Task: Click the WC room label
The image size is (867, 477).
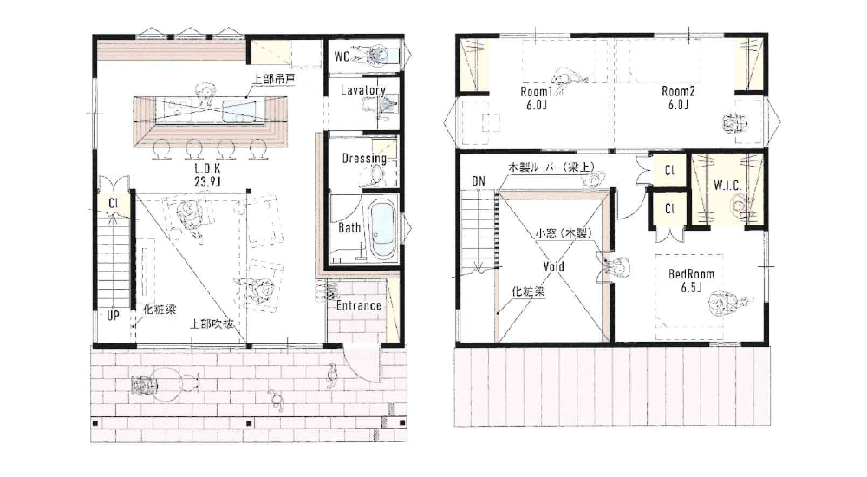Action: click(342, 56)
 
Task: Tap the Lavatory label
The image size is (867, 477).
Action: click(362, 90)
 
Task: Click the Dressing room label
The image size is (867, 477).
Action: click(364, 158)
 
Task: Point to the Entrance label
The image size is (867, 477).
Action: click(359, 305)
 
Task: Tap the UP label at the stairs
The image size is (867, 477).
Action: click(113, 316)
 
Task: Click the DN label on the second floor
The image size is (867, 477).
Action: click(479, 181)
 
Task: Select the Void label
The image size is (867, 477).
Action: click(553, 267)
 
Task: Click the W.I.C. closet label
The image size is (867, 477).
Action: click(727, 186)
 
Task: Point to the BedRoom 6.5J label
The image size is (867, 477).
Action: click(692, 280)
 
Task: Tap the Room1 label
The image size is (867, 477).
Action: click(536, 98)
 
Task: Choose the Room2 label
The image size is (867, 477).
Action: click(678, 98)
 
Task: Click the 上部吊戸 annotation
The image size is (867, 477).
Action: click(274, 79)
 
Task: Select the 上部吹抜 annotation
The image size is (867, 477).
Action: click(211, 323)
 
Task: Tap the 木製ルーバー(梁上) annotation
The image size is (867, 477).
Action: click(551, 166)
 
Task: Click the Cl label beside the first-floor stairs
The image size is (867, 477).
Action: click(114, 203)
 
